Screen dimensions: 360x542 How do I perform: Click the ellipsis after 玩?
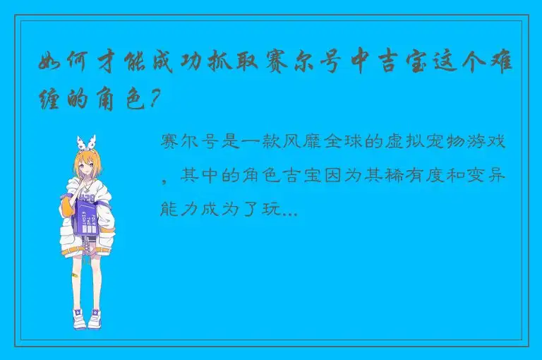tap(289, 211)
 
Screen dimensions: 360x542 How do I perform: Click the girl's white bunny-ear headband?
tap(88, 141)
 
